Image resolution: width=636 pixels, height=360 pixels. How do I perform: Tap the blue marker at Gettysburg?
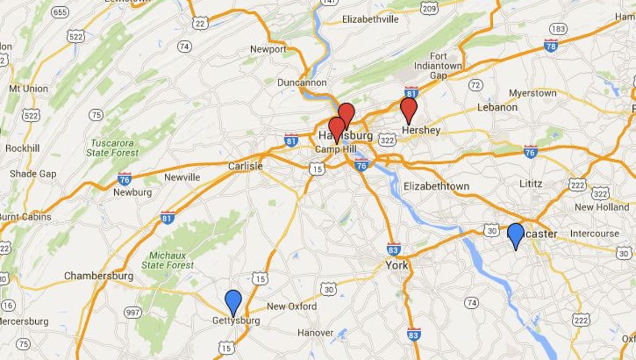click(233, 301)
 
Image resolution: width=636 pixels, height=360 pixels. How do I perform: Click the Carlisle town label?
click(245, 166)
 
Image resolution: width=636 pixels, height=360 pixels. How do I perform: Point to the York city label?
click(397, 265)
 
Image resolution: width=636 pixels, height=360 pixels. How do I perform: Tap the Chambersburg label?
click(98, 276)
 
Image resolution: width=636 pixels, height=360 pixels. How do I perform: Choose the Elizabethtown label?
click(436, 186)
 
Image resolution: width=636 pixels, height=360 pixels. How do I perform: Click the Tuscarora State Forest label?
click(113, 148)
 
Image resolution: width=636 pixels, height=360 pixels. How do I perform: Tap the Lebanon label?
click(497, 107)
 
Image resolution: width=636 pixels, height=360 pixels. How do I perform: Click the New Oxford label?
click(292, 307)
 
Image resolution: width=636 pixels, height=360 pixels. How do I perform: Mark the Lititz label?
click(531, 184)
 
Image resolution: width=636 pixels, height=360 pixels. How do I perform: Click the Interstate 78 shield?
click(551, 44)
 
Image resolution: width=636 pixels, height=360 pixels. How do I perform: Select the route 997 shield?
click(133, 312)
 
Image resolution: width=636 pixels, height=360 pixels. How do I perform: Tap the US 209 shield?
click(429, 7)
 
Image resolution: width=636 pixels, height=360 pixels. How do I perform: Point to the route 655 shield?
click(59, 12)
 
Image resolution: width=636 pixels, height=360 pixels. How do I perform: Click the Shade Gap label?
click(33, 174)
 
